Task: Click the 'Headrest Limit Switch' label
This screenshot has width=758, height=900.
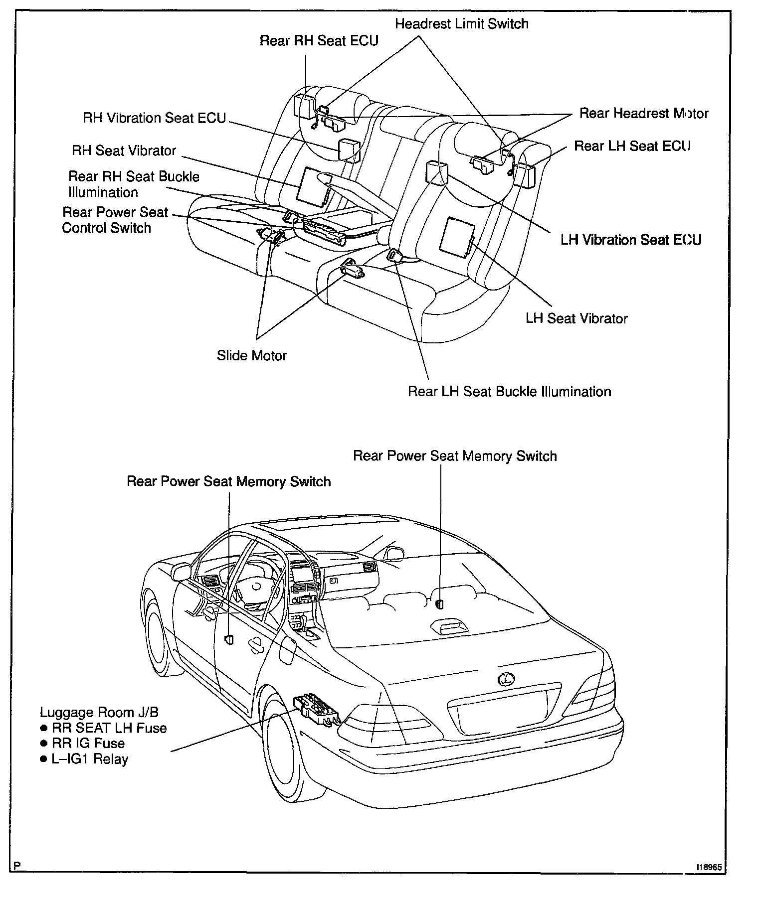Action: (461, 24)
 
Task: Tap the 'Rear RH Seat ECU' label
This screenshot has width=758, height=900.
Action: (319, 40)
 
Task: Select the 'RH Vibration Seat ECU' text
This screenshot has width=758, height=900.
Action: (154, 118)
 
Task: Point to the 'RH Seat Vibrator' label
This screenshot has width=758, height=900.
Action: (124, 150)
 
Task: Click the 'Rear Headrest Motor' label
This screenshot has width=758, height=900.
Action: (643, 114)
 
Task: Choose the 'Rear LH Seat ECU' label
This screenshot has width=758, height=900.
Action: (632, 146)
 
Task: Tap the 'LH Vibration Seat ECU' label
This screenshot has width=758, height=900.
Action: (630, 240)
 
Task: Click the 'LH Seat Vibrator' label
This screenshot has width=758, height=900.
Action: (576, 318)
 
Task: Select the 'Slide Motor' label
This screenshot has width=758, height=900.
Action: (252, 355)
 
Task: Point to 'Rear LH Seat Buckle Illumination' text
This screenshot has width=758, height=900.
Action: (509, 391)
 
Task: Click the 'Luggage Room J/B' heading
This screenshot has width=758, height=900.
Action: (99, 712)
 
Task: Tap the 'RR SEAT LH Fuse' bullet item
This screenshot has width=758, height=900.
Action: (109, 728)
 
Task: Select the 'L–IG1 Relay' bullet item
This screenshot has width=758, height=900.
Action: (90, 759)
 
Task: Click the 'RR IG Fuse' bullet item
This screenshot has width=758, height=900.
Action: (88, 744)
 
